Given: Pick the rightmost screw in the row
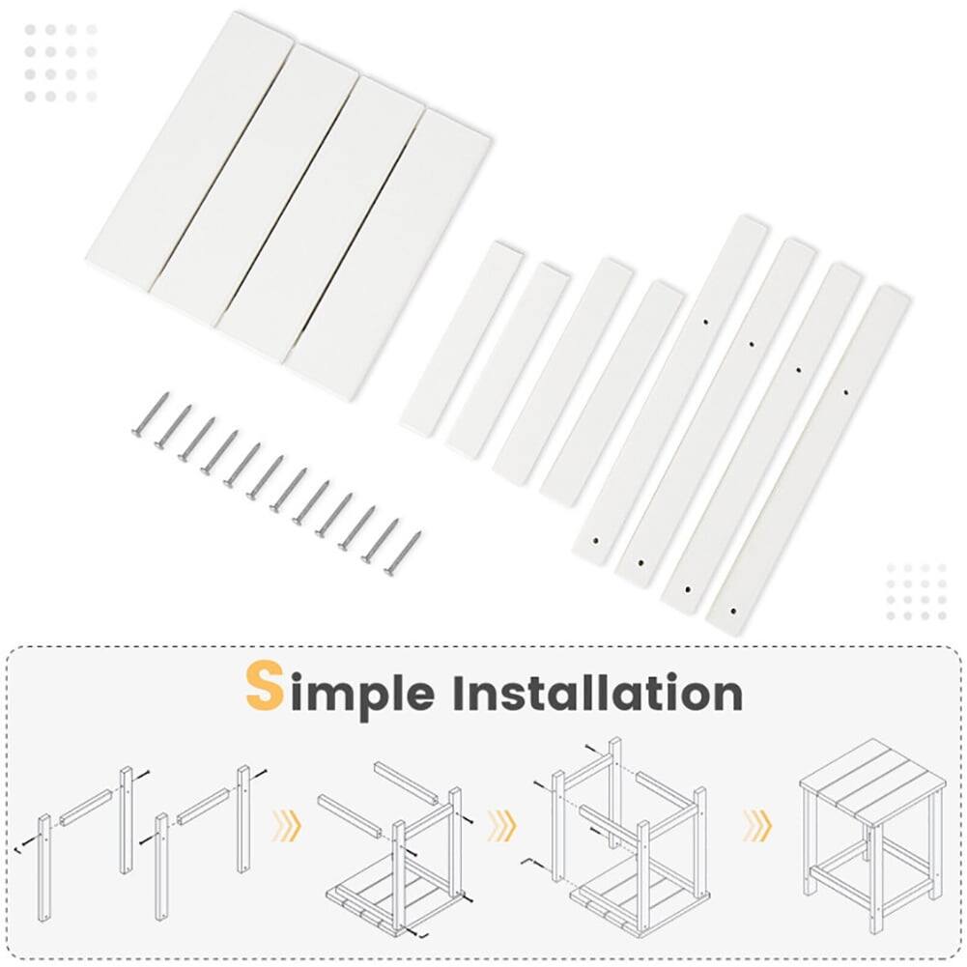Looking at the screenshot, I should tap(402, 554).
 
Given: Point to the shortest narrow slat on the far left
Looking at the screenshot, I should tap(461, 339).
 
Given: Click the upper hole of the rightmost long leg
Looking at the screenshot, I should tap(846, 392).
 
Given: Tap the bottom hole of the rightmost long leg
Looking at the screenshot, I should tap(733, 611).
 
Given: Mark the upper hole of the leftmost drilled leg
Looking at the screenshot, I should tap(706, 321).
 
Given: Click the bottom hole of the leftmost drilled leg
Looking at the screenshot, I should tap(595, 541).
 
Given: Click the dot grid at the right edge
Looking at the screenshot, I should tap(916, 592).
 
